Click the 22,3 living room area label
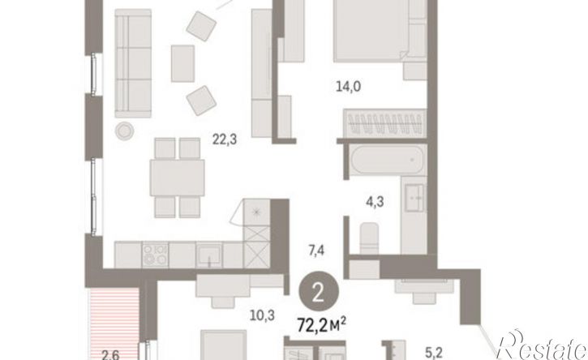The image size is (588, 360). pyautogui.click(x=225, y=139)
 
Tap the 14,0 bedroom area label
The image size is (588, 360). pyautogui.click(x=349, y=87)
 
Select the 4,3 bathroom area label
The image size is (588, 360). pyautogui.click(x=375, y=202)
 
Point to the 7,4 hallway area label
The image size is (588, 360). pyautogui.click(x=316, y=250)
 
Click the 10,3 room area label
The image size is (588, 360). pyautogui.click(x=263, y=315)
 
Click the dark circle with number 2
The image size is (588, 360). pyautogui.click(x=319, y=293)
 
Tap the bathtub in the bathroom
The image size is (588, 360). pyautogui.click(x=388, y=160)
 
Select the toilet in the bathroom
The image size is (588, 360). pyautogui.click(x=369, y=238)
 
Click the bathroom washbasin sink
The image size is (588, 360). pyautogui.click(x=415, y=197)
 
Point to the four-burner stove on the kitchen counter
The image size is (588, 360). pyautogui.click(x=155, y=255)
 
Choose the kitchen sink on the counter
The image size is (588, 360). pyautogui.click(x=209, y=255)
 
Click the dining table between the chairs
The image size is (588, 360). pyautogui.click(x=177, y=178)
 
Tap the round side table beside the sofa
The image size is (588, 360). pyautogui.click(x=125, y=131)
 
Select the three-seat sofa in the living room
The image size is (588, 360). pyautogui.click(x=133, y=63)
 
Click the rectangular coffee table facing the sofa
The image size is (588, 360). pyautogui.click(x=183, y=63)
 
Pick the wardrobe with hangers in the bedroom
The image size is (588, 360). pyautogui.click(x=385, y=122)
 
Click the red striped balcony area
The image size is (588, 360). pyautogui.click(x=114, y=324)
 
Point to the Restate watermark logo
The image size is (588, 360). pyautogui.click(x=541, y=345)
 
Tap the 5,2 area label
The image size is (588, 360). pyautogui.click(x=434, y=353)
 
